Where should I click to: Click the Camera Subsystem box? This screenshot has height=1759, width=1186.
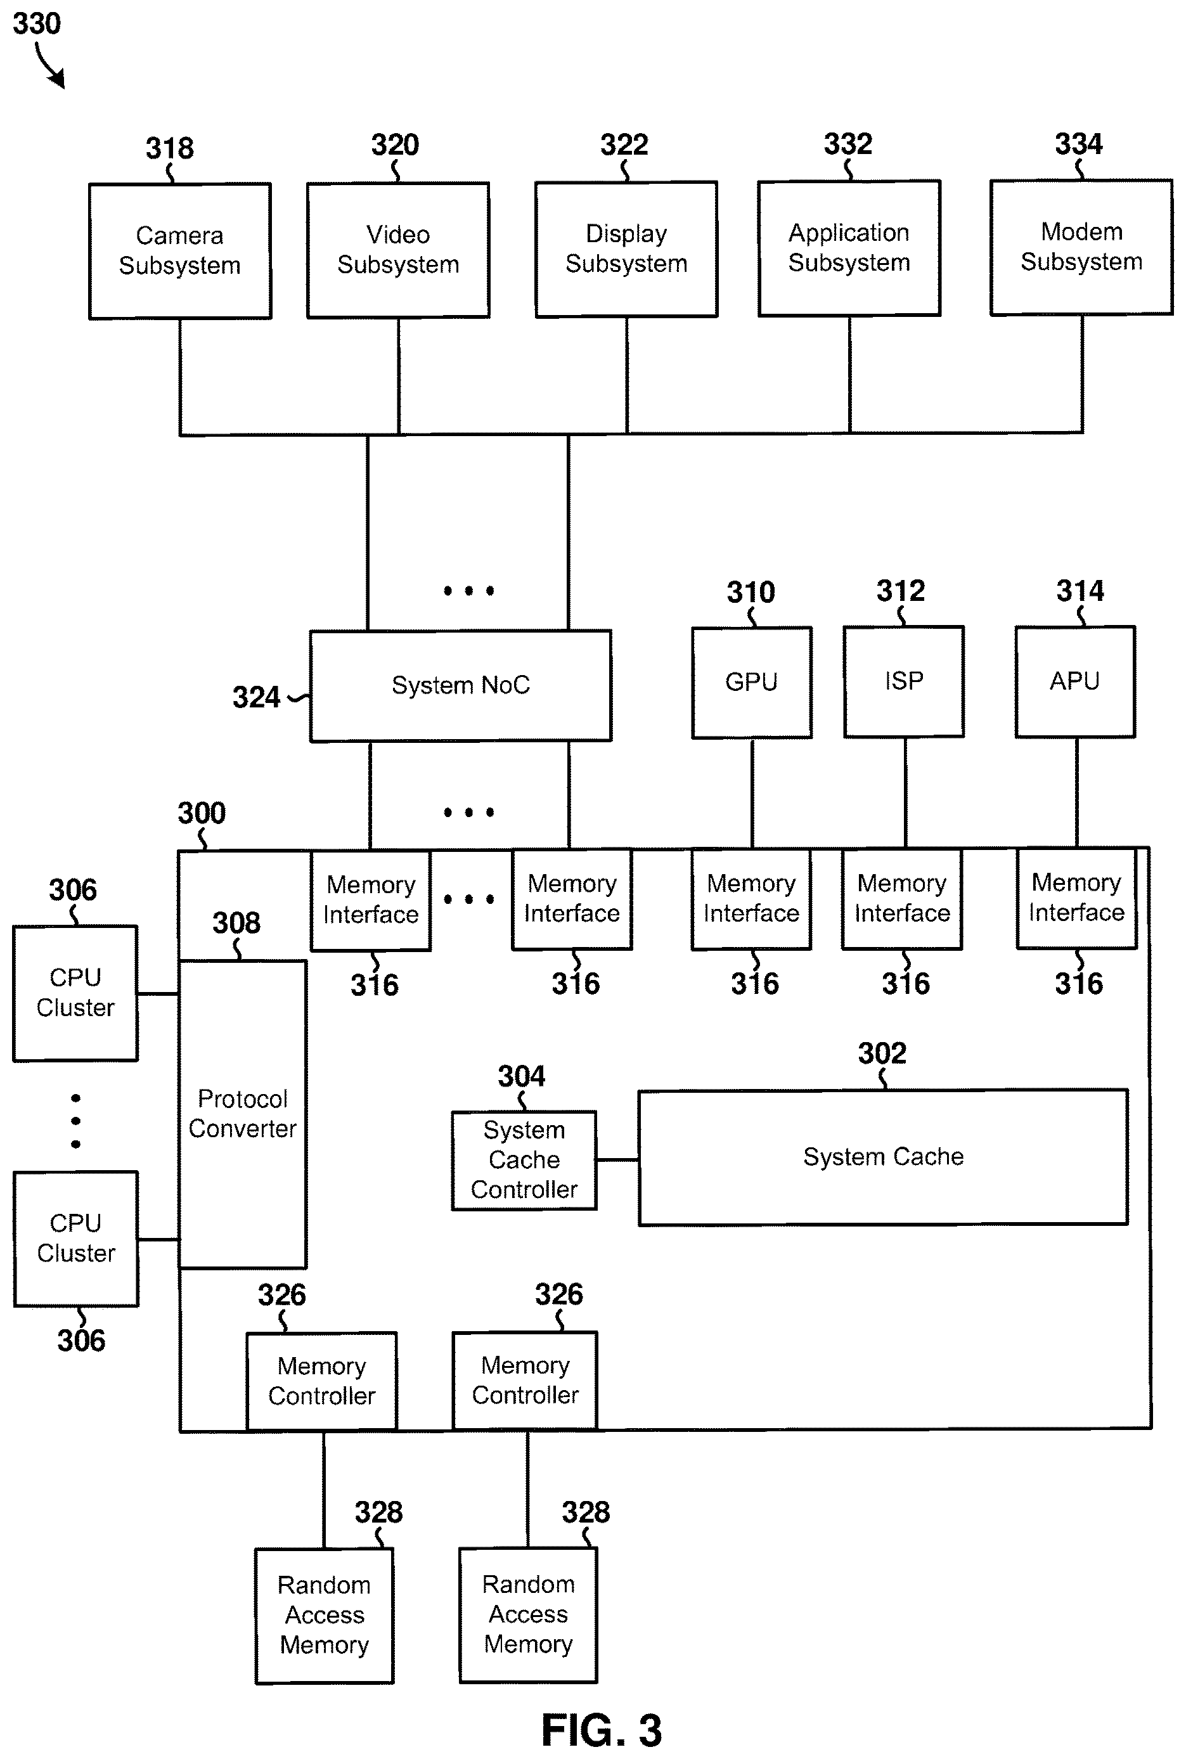pyautogui.click(x=180, y=251)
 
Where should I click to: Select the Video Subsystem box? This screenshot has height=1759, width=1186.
pyautogui.click(x=398, y=250)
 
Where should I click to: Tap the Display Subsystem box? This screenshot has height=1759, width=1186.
pyautogui.click(x=626, y=249)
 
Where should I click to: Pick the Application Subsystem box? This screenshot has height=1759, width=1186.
pyautogui.click(x=849, y=248)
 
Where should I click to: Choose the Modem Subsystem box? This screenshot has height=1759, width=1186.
pyautogui.click(x=1081, y=247)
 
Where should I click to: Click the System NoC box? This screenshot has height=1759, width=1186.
pyautogui.click(x=461, y=686)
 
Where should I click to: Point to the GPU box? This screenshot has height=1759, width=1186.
pyautogui.click(x=752, y=682)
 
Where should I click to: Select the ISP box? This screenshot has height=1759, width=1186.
pyautogui.click(x=904, y=681)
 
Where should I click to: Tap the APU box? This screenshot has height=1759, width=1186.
pyautogui.click(x=1075, y=681)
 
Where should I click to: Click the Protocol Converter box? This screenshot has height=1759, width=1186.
pyautogui.click(x=243, y=1114)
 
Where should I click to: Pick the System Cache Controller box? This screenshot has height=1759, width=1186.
pyautogui.click(x=524, y=1160)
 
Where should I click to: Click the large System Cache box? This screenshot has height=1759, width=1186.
pyautogui.click(x=884, y=1157)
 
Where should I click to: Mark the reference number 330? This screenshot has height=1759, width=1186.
pyautogui.click(x=36, y=24)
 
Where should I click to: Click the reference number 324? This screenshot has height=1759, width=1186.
pyautogui.click(x=255, y=697)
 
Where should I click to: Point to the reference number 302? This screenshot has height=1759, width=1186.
pyautogui.click(x=882, y=1053)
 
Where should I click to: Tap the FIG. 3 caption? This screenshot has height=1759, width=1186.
pyautogui.click(x=602, y=1730)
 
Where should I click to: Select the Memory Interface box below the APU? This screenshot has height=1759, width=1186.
pyautogui.click(x=1076, y=898)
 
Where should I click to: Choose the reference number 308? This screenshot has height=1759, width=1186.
pyautogui.click(x=236, y=923)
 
